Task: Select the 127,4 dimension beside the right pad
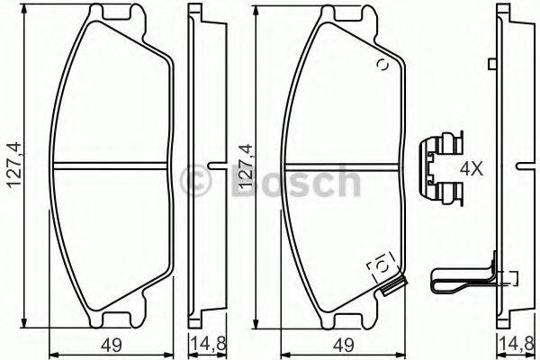click(242, 167)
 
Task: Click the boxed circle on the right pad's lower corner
click(381, 265)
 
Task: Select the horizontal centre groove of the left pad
click(112, 166)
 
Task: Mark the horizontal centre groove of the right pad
click(342, 166)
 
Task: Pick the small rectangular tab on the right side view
click(491, 63)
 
